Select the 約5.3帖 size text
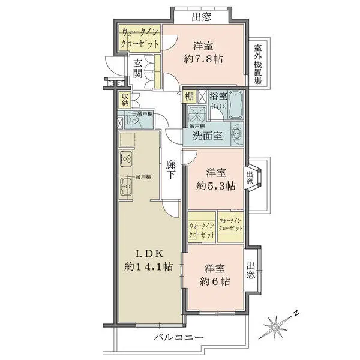click(x=212, y=185)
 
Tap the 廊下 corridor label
click(x=171, y=170)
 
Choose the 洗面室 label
click(x=208, y=136)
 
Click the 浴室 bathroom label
click(x=218, y=96)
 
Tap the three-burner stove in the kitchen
click(x=127, y=160)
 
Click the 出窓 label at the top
click(x=201, y=17)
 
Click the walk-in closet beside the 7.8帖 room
click(x=140, y=38)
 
